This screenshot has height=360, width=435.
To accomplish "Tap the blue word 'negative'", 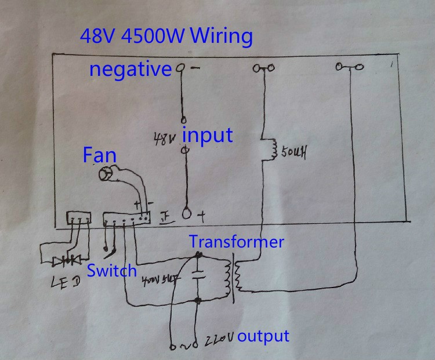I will [130, 70].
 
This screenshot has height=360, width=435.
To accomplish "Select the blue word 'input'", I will [208, 135].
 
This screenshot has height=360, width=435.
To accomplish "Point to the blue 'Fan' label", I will [99, 155].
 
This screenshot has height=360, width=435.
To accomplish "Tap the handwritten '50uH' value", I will [293, 154].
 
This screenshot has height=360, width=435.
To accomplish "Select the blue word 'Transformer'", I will [236, 242].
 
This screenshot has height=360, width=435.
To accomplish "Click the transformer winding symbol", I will [237, 277].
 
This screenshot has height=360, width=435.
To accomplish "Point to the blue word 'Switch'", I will [112, 271].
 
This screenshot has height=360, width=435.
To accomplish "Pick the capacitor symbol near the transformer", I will [199, 274].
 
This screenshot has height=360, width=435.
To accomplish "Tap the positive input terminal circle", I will [187, 213].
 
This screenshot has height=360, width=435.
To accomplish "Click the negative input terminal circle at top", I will [181, 68].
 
